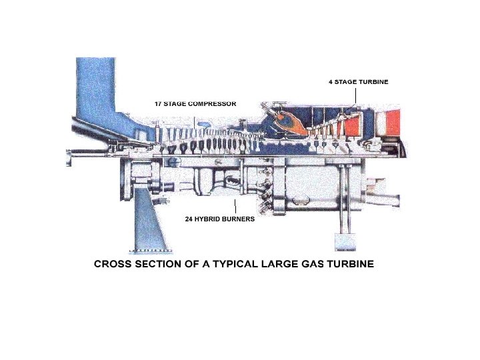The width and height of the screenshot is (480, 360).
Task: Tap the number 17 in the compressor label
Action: [x=159, y=104]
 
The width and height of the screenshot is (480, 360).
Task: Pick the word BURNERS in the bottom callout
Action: [x=239, y=218]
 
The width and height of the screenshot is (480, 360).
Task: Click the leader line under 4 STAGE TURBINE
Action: [x=355, y=95]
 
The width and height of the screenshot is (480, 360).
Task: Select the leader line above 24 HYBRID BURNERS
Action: [x=236, y=206]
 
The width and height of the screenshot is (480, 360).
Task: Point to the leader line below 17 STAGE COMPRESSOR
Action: [x=195, y=120]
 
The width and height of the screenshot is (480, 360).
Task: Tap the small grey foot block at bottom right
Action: [x=345, y=241]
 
